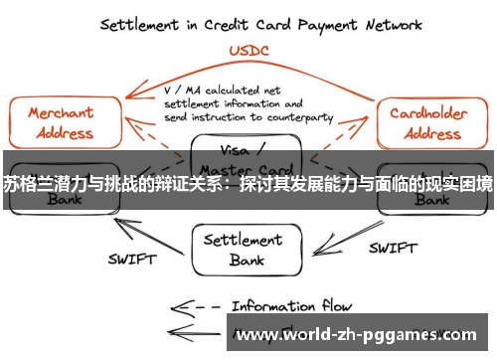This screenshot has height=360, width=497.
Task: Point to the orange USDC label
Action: [248, 50]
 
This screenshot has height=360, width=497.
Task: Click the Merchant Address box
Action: [61, 121]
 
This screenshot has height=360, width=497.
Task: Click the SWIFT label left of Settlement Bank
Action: [131, 261]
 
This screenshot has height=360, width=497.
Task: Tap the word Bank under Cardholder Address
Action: [430, 199]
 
